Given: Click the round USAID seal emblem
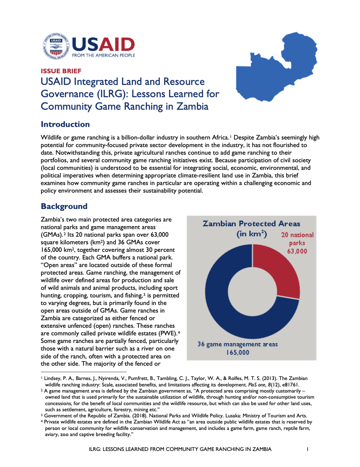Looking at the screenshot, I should tap(56, 46).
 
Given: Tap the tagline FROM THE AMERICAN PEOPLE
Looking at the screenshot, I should tap(103, 55).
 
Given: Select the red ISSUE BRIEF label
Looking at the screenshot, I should tap(61, 71).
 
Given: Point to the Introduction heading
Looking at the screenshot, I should tap(65, 124).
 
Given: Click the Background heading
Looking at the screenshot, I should tap(64, 206).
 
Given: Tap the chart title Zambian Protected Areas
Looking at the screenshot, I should tap(251, 224).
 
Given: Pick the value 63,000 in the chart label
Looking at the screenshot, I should tap(297, 251).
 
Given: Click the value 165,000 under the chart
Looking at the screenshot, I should tap(238, 353).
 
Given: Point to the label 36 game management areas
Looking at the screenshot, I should tap(237, 344).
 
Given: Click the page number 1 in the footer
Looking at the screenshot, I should tap(307, 449).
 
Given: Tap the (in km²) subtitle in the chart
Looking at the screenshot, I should tap(252, 234).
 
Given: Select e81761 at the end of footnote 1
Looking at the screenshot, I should tap(289, 385).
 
